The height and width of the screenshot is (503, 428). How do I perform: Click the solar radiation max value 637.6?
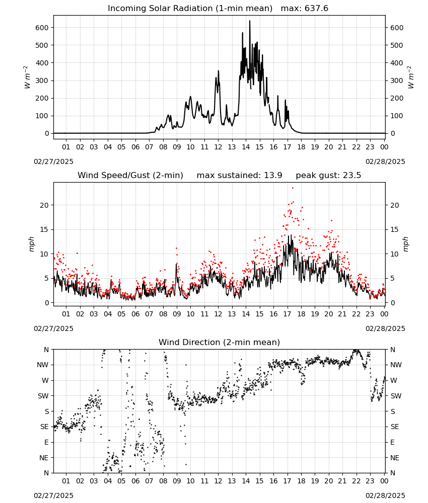(x=316, y=9)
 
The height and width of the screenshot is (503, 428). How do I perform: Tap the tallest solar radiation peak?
(x=250, y=21)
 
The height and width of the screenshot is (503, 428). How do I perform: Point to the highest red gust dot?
(x=293, y=188)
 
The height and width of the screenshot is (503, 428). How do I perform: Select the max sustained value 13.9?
(x=273, y=176)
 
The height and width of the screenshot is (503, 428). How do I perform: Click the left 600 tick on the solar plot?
(x=42, y=28)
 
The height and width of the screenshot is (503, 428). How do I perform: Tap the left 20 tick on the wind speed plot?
(x=44, y=205)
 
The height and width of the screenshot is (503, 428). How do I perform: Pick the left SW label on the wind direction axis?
(x=43, y=396)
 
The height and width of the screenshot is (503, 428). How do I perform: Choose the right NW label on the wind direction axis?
(x=396, y=365)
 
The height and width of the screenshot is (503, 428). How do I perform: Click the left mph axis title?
(x=31, y=244)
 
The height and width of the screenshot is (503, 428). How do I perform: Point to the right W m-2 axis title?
(x=411, y=77)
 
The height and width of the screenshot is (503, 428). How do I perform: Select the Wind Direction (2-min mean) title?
(x=220, y=342)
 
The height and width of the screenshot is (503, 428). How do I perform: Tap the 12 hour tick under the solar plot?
(x=219, y=147)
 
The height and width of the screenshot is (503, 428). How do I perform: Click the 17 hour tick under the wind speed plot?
(x=288, y=314)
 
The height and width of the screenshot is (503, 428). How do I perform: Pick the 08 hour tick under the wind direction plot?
(x=163, y=481)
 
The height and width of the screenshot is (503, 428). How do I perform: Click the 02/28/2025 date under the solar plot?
(x=385, y=161)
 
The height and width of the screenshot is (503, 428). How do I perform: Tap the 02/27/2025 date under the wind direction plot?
(x=53, y=495)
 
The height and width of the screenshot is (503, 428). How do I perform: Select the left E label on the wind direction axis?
(x=46, y=443)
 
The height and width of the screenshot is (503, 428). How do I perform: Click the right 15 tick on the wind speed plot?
(x=395, y=230)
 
